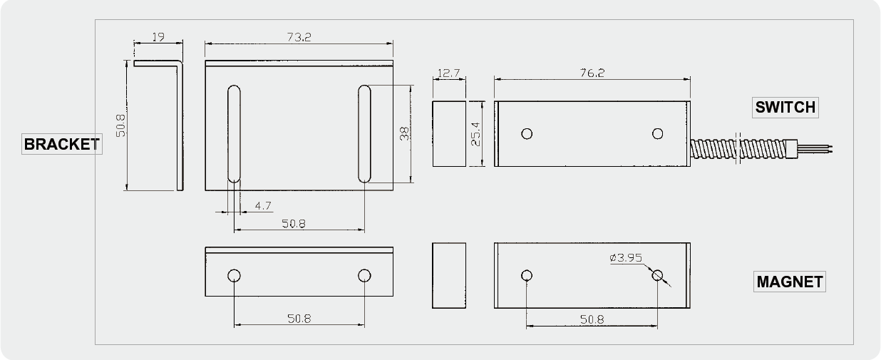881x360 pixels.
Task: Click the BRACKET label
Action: click(x=62, y=144)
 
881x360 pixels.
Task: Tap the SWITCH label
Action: click(x=785, y=108)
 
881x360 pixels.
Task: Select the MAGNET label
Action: click(x=790, y=282)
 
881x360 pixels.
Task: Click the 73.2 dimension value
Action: click(x=299, y=37)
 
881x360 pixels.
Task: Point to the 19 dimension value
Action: click(x=158, y=37)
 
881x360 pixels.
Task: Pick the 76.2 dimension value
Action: click(x=592, y=73)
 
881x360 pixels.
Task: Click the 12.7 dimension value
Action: click(x=449, y=73)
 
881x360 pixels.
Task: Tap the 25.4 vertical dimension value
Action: click(x=475, y=134)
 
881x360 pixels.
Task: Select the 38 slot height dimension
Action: click(x=404, y=133)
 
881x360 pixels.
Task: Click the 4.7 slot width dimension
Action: click(x=263, y=206)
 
